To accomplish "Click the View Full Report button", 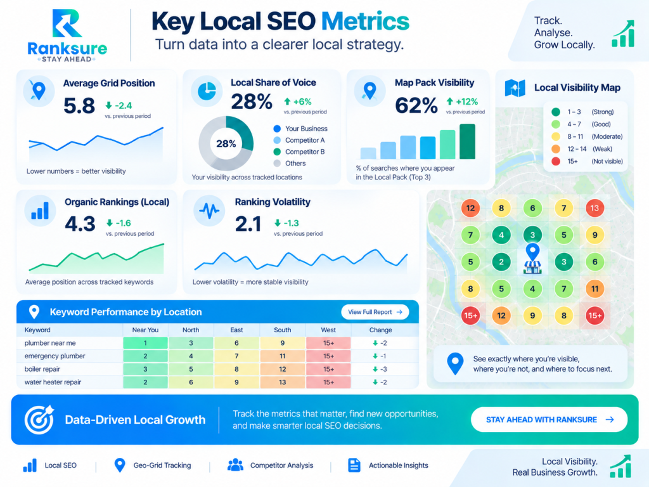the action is coord(375,312).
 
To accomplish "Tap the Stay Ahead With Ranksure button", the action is coord(549,420).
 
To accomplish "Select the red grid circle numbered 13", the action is coord(594,208).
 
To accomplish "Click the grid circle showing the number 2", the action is coord(501,262).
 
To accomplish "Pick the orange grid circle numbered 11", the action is coord(594,289).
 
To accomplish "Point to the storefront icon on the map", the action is coord(532,268).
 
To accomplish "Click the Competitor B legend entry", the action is coord(299,152).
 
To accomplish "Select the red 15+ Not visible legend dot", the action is coord(556,161).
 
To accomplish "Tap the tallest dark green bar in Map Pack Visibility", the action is coord(467,141).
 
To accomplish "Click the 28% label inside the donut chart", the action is coord(226,144).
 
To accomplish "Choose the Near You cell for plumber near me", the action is coord(145,343).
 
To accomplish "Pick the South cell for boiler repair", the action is coord(282,369).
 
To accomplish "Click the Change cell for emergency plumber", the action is coord(380,356).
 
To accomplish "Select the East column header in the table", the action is coord(236,330).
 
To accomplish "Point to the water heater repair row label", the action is coord(53,382).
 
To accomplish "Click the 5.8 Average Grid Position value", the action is coord(79,106).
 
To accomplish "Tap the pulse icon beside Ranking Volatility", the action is coord(209,211).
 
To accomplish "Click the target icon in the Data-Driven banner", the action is coord(39,420).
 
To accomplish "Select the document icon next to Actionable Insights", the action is coord(354,465).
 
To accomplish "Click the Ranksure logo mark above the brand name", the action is coord(67,23).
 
